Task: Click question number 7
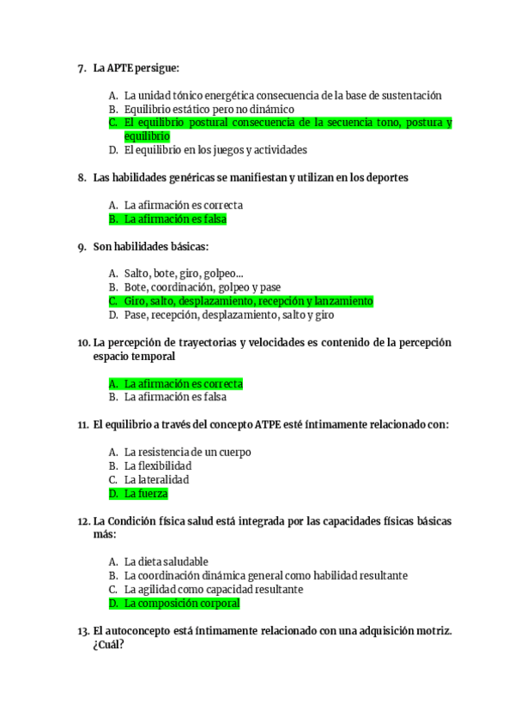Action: (82, 68)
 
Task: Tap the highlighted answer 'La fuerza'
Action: (146, 494)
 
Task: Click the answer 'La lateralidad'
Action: (156, 479)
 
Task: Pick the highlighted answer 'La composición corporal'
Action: (181, 604)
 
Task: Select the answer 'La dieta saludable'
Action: (166, 562)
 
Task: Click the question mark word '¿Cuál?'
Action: (108, 646)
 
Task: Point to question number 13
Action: (83, 631)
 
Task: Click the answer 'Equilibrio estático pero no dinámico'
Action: (209, 109)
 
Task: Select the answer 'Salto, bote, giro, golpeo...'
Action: (183, 273)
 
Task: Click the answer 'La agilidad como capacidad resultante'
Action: (213, 590)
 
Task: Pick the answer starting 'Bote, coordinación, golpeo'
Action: (202, 287)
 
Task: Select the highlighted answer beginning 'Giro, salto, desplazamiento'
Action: (248, 301)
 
